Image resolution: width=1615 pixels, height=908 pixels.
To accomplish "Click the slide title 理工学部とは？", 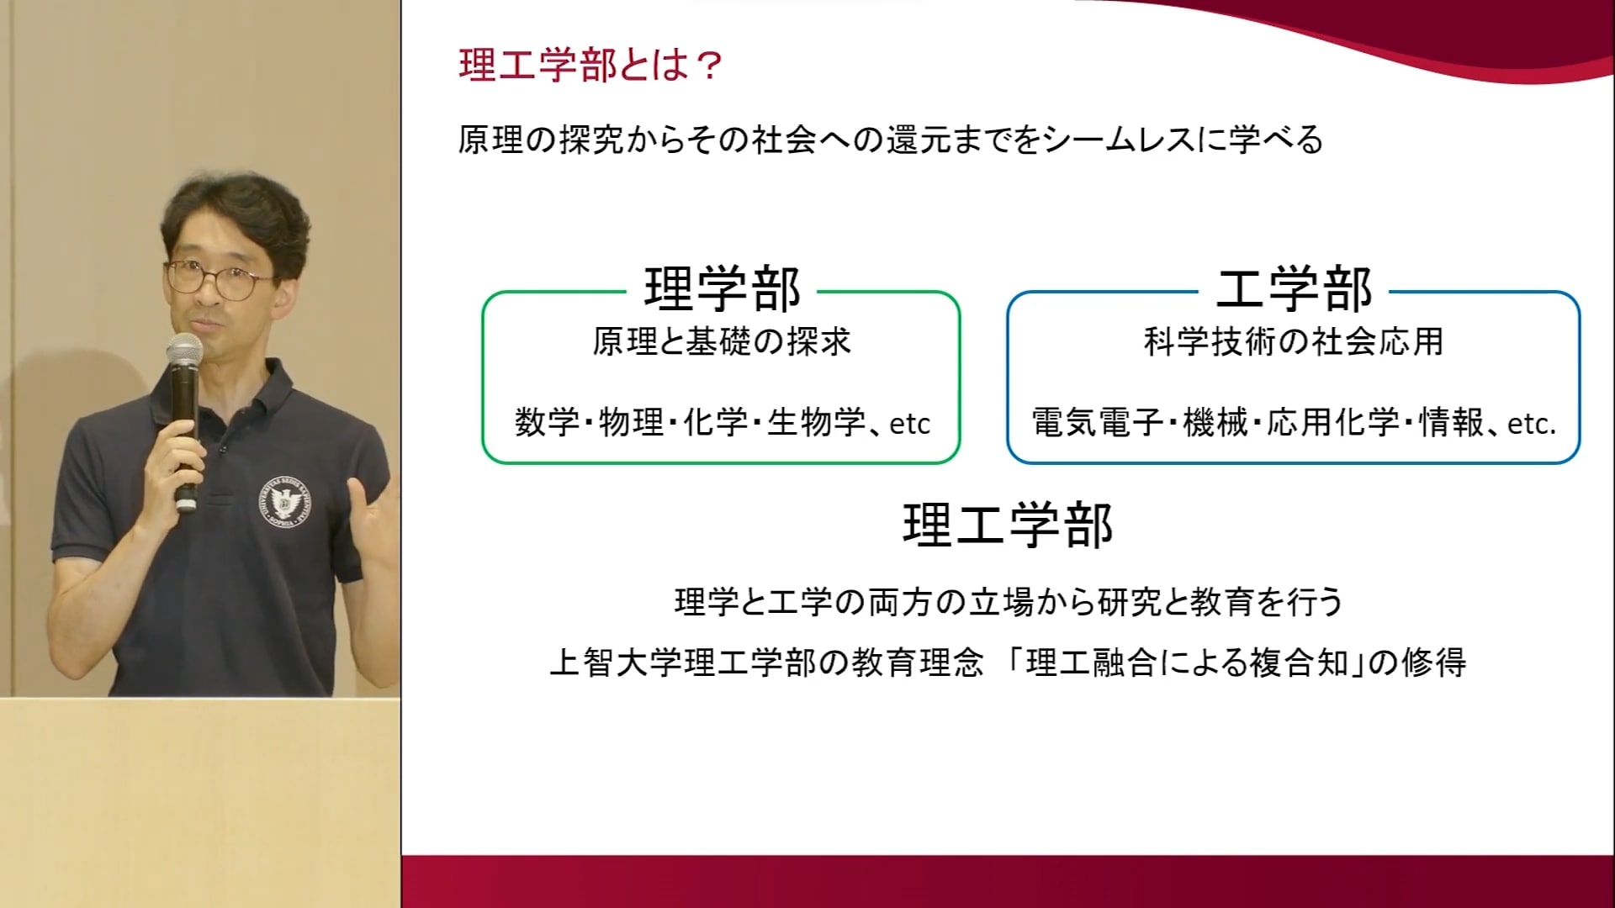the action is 590,66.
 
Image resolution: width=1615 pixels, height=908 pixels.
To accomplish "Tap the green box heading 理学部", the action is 723,290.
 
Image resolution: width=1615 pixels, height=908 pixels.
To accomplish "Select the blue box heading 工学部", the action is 1294,290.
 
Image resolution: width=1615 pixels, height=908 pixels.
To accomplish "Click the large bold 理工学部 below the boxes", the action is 1008,525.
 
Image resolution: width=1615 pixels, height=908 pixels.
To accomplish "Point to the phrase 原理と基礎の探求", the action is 723,342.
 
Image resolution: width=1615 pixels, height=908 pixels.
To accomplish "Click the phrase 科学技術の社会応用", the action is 1294,342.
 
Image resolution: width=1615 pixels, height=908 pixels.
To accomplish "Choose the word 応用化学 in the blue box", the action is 1333,422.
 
